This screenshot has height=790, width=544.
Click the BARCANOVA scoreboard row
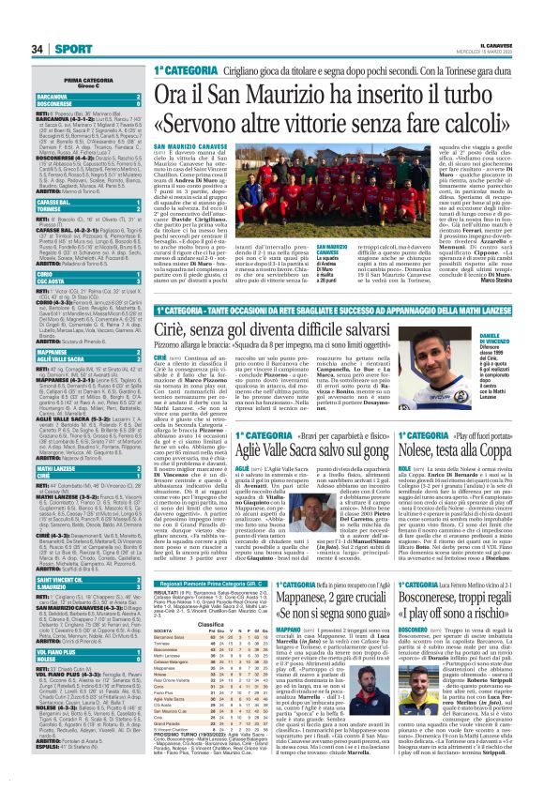click(x=73, y=95)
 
